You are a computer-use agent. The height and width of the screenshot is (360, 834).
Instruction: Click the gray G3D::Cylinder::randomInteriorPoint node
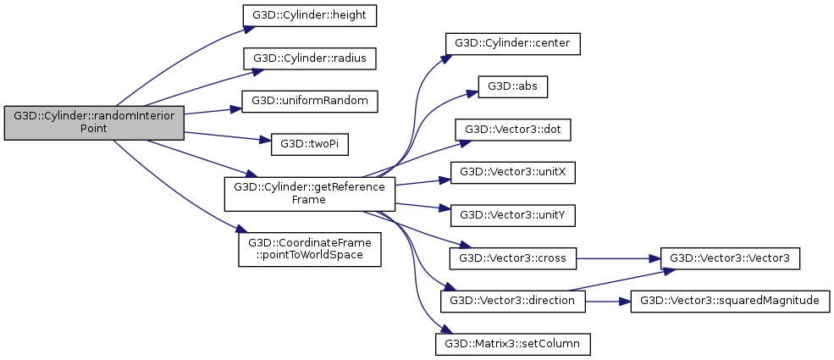[x=94, y=124]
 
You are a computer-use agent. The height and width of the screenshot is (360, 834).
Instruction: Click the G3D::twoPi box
[x=298, y=145]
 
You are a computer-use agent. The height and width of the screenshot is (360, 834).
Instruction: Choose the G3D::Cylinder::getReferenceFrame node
[x=309, y=194]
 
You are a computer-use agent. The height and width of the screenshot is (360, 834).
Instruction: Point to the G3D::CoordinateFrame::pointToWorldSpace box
[x=309, y=246]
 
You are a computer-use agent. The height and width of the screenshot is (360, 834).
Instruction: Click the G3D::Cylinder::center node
[x=513, y=42]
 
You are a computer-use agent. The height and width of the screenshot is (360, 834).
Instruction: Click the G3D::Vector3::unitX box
[x=513, y=172]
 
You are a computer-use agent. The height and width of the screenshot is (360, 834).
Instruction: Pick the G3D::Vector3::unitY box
[x=513, y=215]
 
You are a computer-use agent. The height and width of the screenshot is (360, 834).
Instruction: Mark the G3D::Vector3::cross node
[x=513, y=257]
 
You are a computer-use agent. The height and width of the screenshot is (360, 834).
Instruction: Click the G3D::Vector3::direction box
[x=513, y=300]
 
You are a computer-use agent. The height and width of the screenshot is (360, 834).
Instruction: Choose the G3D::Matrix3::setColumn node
[x=512, y=343]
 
